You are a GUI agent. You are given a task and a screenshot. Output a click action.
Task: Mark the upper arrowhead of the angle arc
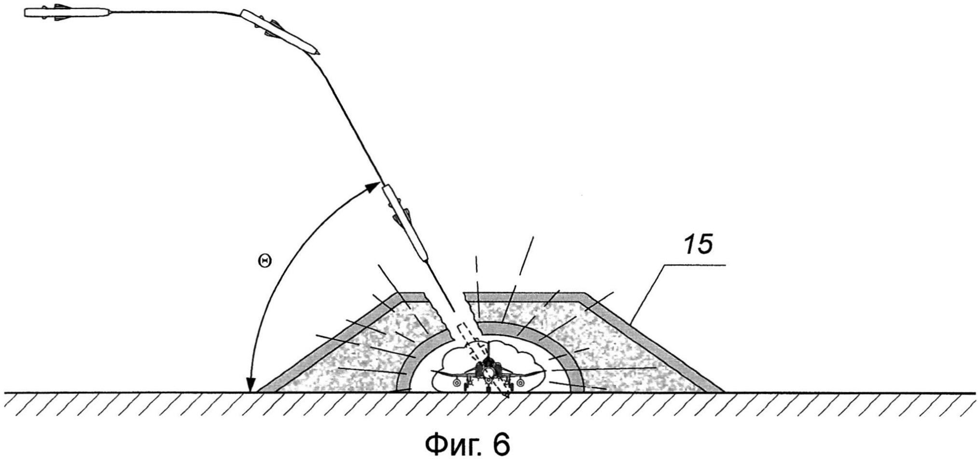click(x=374, y=187)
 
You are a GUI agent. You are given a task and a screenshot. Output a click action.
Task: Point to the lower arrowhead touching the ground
click(x=249, y=387)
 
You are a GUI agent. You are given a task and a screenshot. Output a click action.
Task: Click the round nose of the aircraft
click(x=489, y=373)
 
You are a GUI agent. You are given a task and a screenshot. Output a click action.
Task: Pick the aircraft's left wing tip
click(x=433, y=371)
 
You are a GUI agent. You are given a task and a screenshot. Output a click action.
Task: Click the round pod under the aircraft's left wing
click(x=456, y=383)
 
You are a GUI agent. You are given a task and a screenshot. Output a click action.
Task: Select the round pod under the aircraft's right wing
click(x=520, y=383)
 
